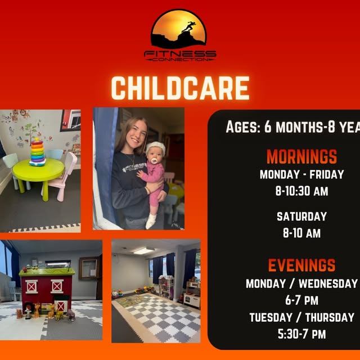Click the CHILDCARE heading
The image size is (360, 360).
pos(180,88)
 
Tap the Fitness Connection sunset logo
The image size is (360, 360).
pos(179,29)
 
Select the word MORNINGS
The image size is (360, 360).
pos(301,156)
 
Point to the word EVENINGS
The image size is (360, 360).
pos(301,265)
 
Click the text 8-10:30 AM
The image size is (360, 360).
pos(301,191)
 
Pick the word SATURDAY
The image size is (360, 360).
pos(301,216)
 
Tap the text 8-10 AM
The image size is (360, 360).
pos(301,233)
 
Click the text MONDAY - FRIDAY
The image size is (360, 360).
pos(301,174)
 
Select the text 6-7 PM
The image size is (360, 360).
pos(301,300)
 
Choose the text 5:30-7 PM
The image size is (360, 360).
pos(301,334)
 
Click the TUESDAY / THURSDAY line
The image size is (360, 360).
pos(301,317)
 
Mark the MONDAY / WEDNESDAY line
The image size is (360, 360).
pos(301,283)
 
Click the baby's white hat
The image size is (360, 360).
pos(155,147)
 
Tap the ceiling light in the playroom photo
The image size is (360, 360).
pos(144,250)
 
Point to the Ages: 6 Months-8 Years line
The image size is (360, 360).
pos(292,127)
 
